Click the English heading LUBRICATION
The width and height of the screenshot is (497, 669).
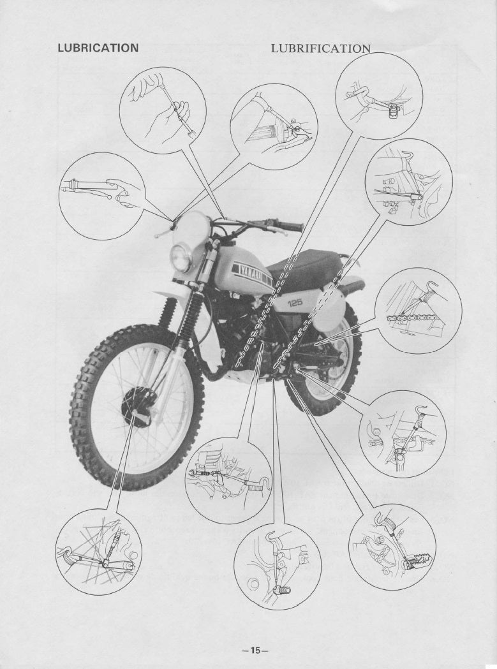click(98, 48)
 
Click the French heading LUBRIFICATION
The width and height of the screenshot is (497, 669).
click(321, 48)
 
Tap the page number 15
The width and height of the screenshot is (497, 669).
click(255, 651)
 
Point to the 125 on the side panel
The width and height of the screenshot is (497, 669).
click(295, 303)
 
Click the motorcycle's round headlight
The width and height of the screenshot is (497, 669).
click(181, 257)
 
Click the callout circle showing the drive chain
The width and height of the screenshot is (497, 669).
click(419, 311)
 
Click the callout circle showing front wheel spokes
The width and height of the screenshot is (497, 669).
click(99, 552)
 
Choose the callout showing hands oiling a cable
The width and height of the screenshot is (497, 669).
click(163, 110)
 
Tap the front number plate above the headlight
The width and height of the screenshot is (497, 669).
click(191, 228)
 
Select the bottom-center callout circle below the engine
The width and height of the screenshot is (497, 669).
click(278, 566)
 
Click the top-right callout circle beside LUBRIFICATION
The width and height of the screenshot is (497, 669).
click(379, 96)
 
